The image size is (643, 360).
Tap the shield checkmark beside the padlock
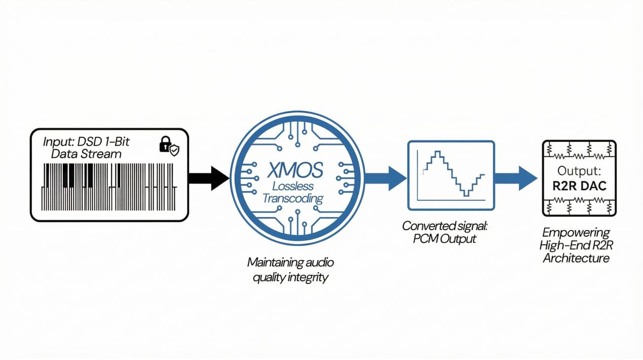174,150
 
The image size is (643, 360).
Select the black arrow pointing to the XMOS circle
208,178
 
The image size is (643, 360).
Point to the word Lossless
293,186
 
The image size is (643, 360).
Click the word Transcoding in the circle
293,198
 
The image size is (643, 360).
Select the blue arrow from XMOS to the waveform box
386,178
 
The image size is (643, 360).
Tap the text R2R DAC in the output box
579,186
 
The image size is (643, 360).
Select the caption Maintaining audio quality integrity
291,270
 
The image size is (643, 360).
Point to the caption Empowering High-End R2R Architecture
576,245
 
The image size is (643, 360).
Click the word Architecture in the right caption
576,258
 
